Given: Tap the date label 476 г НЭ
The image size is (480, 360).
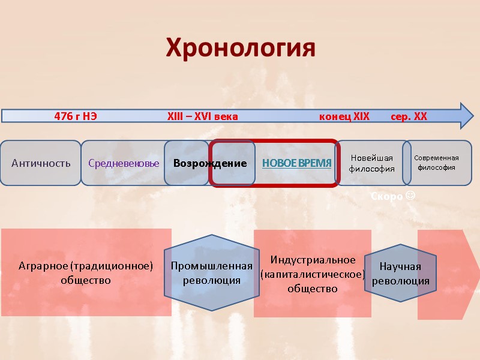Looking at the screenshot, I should point(75,116).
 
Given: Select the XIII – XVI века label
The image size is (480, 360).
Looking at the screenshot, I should point(202,116).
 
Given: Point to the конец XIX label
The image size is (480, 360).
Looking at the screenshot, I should point(344,116).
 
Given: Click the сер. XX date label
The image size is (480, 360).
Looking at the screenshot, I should point(409,116).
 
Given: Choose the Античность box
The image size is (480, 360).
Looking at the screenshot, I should point(41,163).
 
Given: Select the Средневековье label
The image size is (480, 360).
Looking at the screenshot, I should point(124,163).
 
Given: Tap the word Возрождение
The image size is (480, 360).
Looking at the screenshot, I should point(210,163).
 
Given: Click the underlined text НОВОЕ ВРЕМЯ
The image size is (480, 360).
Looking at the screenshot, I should point(296,163).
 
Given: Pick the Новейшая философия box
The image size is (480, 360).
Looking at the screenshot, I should point(371,163).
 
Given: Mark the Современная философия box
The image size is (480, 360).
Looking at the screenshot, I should point(437,163).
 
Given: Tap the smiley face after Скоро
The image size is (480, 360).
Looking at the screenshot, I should point(410,196).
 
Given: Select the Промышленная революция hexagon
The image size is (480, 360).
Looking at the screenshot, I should point(212,273).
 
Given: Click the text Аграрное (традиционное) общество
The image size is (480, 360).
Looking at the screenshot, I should point(86,272).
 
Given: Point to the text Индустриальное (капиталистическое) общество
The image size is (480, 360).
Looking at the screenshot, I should point(312,274).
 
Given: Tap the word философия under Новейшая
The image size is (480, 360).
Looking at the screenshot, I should point(371,169).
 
